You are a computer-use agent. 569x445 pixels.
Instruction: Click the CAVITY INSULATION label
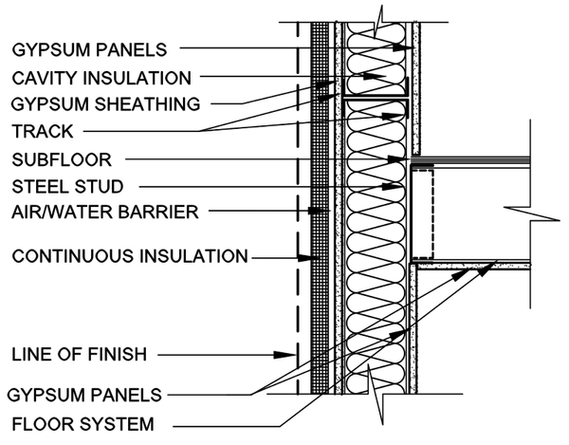(101, 78)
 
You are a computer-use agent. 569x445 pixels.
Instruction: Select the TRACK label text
(43, 131)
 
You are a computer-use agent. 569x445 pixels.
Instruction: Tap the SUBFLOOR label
(62, 159)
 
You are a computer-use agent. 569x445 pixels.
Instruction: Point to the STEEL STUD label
(67, 187)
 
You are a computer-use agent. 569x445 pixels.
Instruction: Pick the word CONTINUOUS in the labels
(74, 256)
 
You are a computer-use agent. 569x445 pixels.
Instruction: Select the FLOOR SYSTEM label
(83, 424)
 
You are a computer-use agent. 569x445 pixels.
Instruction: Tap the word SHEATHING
(147, 104)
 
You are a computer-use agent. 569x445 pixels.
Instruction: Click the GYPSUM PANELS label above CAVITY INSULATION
(89, 49)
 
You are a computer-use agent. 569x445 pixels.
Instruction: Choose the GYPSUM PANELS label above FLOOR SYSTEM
(84, 395)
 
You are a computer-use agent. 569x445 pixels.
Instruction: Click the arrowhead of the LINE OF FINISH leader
(285, 355)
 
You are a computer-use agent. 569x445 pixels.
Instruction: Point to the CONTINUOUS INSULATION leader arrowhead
(304, 258)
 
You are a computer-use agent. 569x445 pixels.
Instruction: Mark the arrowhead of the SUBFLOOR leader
(395, 159)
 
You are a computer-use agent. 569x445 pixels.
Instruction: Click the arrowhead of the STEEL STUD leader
(393, 187)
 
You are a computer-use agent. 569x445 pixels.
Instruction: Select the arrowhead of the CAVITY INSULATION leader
(375, 77)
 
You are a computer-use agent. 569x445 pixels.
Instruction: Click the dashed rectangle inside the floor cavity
(423, 214)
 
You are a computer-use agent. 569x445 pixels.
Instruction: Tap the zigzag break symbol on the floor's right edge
(532, 213)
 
